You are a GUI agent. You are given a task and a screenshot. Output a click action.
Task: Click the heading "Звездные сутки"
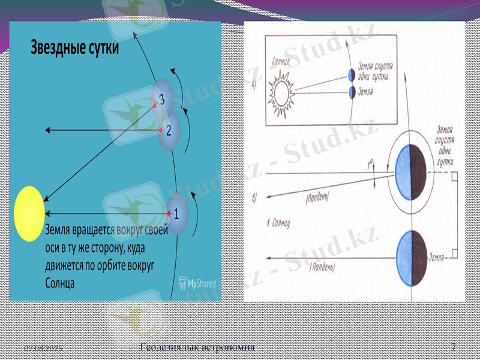[x=75, y=48]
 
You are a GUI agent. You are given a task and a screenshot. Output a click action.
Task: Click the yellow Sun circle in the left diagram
[x=29, y=214]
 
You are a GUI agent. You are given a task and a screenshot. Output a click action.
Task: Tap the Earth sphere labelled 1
[x=178, y=211]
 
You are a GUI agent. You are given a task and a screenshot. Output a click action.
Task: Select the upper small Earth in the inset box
[x=352, y=74]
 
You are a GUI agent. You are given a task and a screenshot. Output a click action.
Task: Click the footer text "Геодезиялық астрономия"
[x=197, y=347]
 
